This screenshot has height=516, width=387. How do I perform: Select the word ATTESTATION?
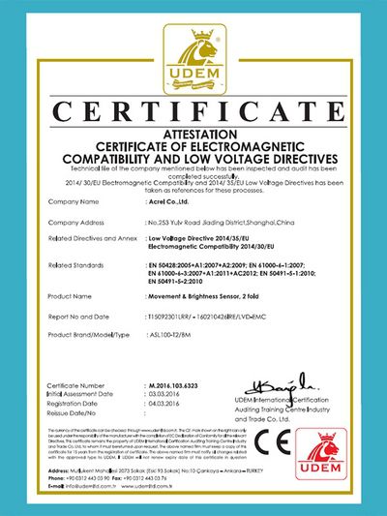193,132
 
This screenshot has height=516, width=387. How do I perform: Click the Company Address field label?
78,222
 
